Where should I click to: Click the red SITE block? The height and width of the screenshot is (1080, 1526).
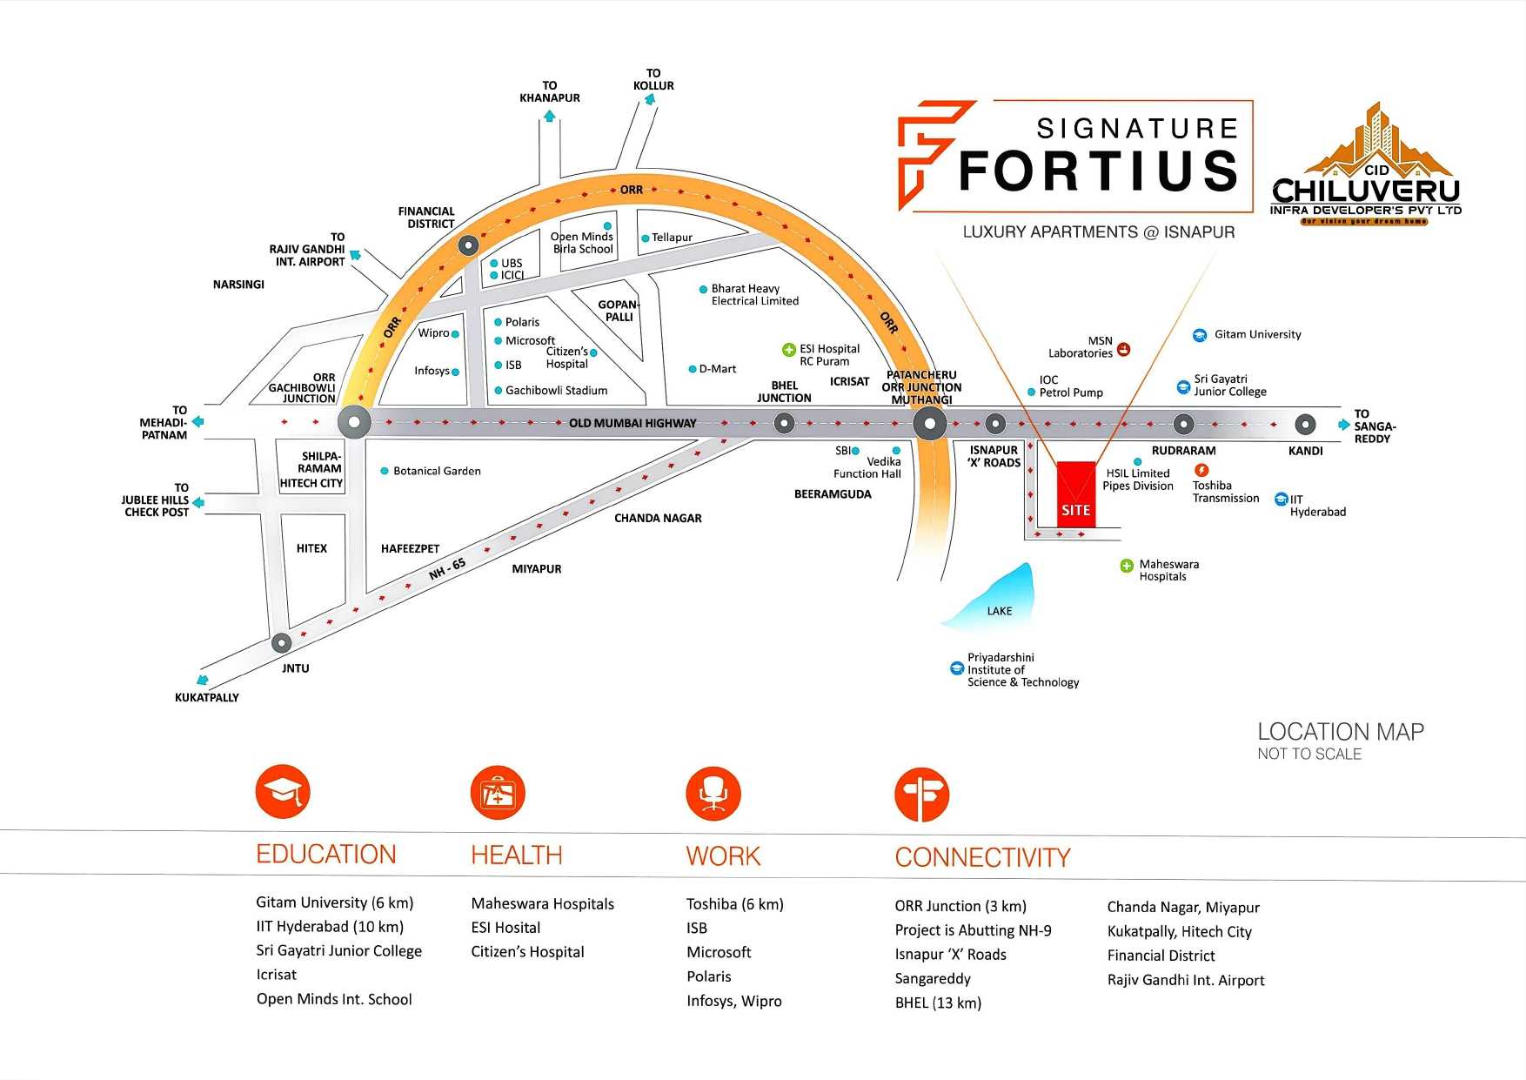tap(1076, 494)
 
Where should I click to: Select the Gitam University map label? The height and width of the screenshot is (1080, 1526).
tap(1257, 334)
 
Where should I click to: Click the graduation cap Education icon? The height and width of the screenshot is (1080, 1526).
tap(283, 792)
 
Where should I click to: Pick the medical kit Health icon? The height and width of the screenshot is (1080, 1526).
tap(498, 793)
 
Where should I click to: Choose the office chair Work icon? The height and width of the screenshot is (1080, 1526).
tap(713, 794)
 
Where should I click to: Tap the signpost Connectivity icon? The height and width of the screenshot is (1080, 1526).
tap(921, 795)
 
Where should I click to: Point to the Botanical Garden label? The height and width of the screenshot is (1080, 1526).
tap(437, 471)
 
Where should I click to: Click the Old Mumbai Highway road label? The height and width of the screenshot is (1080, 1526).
tap(632, 424)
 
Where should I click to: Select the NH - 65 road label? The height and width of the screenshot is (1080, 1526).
tap(447, 569)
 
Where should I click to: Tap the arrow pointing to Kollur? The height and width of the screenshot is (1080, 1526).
tap(649, 99)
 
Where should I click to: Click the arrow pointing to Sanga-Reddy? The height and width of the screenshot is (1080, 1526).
tap(1344, 425)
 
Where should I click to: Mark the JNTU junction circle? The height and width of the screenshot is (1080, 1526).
tap(281, 643)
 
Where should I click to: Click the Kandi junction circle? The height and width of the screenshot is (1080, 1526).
tap(1305, 425)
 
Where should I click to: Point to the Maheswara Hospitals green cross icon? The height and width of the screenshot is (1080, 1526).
tap(1127, 566)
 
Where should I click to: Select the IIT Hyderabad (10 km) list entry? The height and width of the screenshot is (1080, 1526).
tap(330, 927)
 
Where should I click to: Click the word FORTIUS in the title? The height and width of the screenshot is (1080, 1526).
tap(1098, 171)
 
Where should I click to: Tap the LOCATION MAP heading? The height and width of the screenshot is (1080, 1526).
tap(1341, 732)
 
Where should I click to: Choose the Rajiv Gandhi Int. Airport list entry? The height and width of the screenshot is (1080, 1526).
tap(1186, 980)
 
